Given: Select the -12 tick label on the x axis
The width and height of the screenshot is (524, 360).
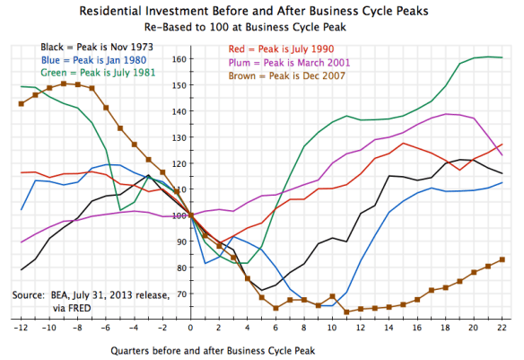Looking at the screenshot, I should tap(21, 329).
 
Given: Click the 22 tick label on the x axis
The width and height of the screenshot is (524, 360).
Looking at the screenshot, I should tap(502, 329).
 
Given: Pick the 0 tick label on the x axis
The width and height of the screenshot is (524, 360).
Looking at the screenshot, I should tap(190, 329).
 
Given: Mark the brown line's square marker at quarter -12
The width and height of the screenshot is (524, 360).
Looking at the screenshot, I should tap(22, 104).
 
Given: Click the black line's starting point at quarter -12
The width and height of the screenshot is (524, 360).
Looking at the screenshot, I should tap(22, 269).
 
